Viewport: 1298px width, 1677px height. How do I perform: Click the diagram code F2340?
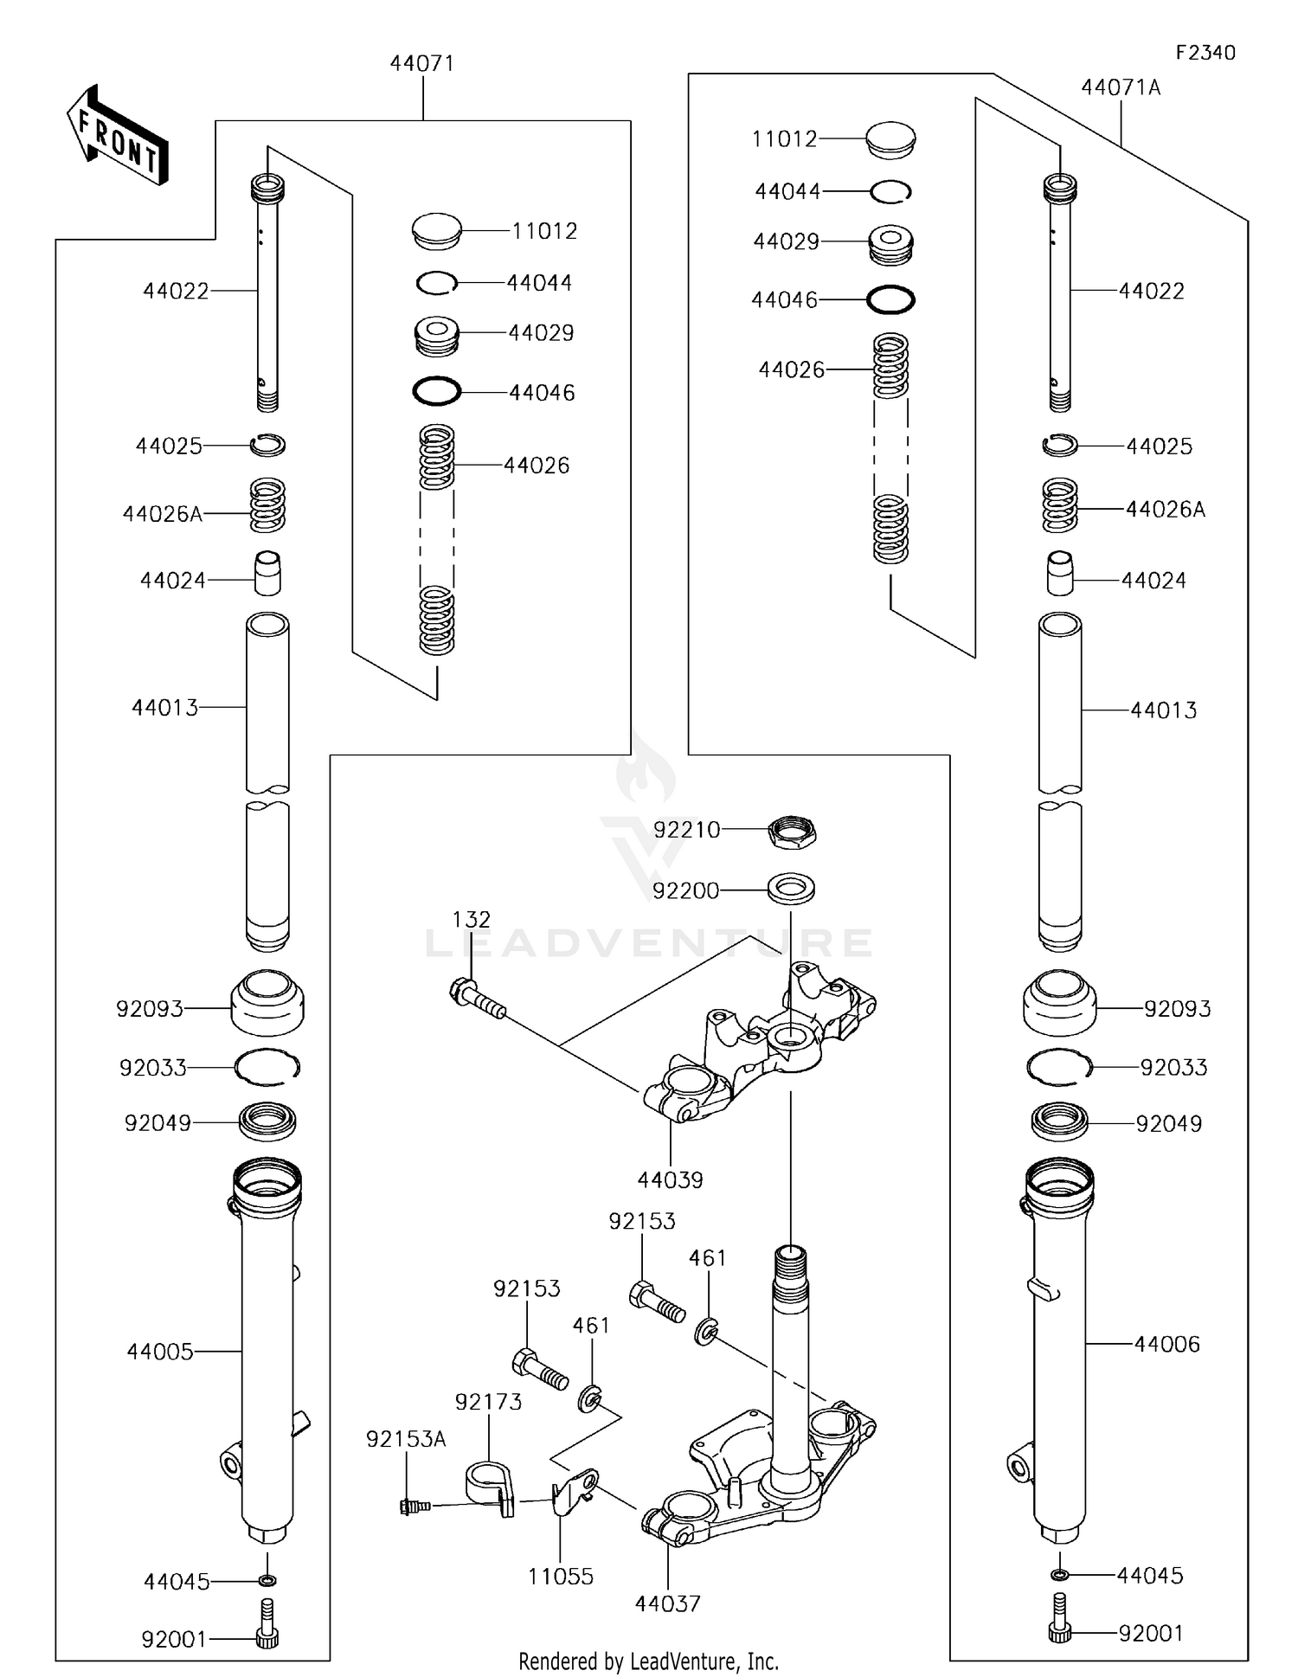1205,53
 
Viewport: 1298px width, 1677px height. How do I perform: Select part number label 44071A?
1121,87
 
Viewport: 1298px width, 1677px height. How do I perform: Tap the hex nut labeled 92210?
792,832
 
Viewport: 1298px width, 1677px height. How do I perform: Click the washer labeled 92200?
791,888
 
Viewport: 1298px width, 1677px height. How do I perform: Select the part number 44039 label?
670,1179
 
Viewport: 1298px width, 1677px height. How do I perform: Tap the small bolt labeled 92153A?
414,1507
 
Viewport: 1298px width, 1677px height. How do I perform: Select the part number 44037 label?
667,1603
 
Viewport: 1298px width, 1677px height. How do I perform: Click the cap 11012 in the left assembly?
437,231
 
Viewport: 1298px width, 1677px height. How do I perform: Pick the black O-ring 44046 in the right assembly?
890,300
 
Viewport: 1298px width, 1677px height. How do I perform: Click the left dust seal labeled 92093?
267,1004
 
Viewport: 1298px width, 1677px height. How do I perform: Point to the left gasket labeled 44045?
268,1581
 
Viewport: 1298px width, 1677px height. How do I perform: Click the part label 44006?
1166,1344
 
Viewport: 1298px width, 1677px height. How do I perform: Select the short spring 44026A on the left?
267,506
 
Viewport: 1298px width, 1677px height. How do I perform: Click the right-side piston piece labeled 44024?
1060,574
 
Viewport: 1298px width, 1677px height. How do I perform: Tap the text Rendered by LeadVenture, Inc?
648,1661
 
